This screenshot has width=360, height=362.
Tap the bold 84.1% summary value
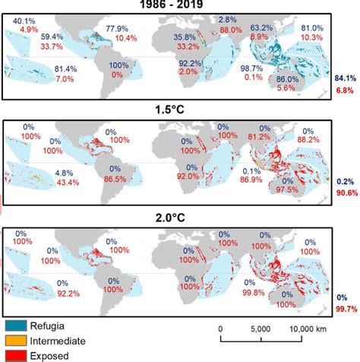point(345,78)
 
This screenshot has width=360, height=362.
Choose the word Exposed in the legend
point(62,354)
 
